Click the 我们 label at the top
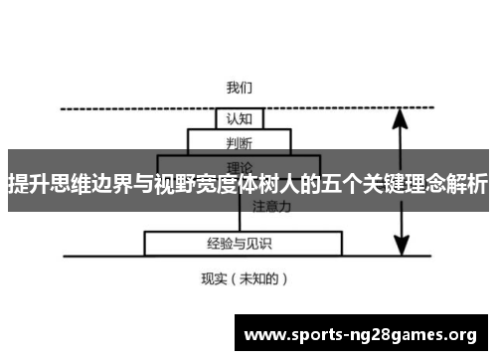click(x=240, y=88)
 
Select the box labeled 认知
click(x=240, y=118)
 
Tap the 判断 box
click(x=240, y=141)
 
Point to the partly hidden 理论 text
click(x=240, y=165)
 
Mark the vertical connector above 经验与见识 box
click(x=240, y=221)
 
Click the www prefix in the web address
click(x=262, y=335)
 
